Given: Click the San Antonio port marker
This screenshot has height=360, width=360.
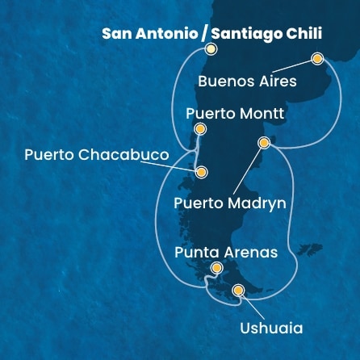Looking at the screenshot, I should click(x=211, y=49).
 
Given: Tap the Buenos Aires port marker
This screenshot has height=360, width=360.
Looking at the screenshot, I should click(x=316, y=59).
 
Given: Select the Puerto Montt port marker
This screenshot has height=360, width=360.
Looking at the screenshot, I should click(x=200, y=129).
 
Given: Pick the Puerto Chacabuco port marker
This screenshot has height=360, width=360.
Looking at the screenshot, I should click(x=201, y=172).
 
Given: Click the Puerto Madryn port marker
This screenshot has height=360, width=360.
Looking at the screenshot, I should click(x=262, y=143).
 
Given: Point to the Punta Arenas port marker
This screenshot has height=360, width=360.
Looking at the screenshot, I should click(x=216, y=269).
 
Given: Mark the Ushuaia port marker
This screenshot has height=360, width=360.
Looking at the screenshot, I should click(x=237, y=291).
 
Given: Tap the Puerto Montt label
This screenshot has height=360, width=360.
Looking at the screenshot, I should click(x=235, y=114).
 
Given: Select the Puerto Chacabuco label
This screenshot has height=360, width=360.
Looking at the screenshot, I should click(x=97, y=155).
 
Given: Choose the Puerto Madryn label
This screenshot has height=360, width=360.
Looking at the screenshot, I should click(x=230, y=203).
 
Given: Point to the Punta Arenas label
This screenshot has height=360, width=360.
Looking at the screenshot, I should click(x=226, y=252).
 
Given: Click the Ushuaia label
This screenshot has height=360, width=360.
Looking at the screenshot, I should click(x=271, y=329).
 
